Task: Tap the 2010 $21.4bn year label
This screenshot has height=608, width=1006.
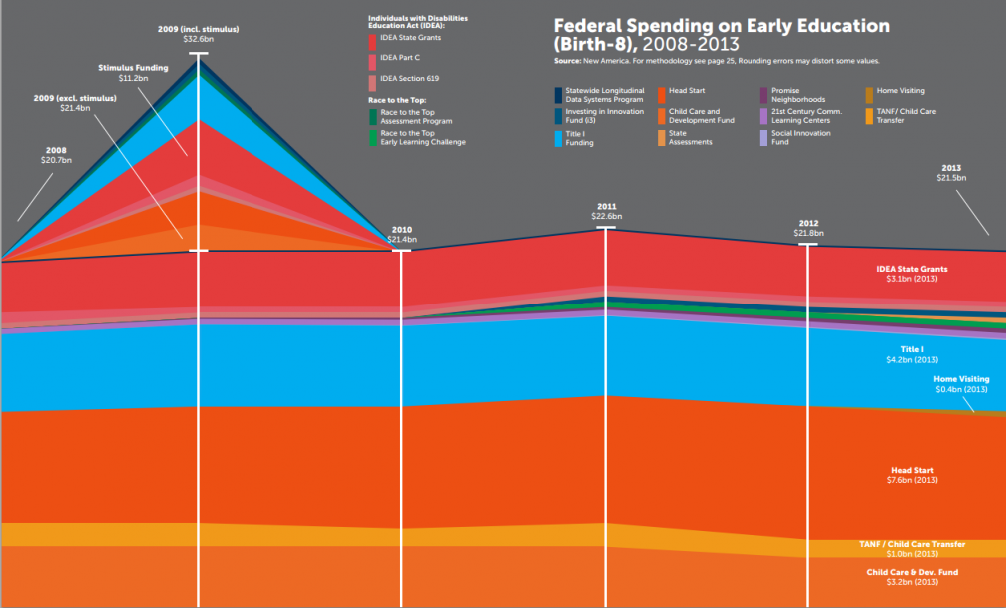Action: (x=402, y=236)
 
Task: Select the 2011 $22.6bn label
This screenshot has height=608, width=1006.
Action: (x=607, y=210)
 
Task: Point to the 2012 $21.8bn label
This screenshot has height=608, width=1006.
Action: (x=808, y=228)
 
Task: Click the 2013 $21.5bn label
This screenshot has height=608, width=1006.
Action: (x=949, y=172)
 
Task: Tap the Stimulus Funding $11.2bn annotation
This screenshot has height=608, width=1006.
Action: (x=133, y=72)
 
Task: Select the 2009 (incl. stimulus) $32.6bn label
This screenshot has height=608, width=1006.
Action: (x=198, y=33)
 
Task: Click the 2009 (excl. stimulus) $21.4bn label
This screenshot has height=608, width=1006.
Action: (x=75, y=102)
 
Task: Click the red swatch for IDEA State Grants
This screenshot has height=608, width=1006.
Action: (x=373, y=41)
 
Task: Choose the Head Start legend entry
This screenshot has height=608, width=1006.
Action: (x=687, y=91)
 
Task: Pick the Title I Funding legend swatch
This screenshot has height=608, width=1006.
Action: (x=559, y=138)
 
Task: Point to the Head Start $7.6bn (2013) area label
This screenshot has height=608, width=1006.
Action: (x=913, y=474)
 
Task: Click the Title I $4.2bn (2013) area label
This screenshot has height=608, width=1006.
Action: (x=913, y=353)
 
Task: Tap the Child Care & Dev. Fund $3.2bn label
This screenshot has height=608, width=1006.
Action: (x=912, y=576)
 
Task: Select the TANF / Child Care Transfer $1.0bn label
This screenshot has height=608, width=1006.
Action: (x=912, y=548)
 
